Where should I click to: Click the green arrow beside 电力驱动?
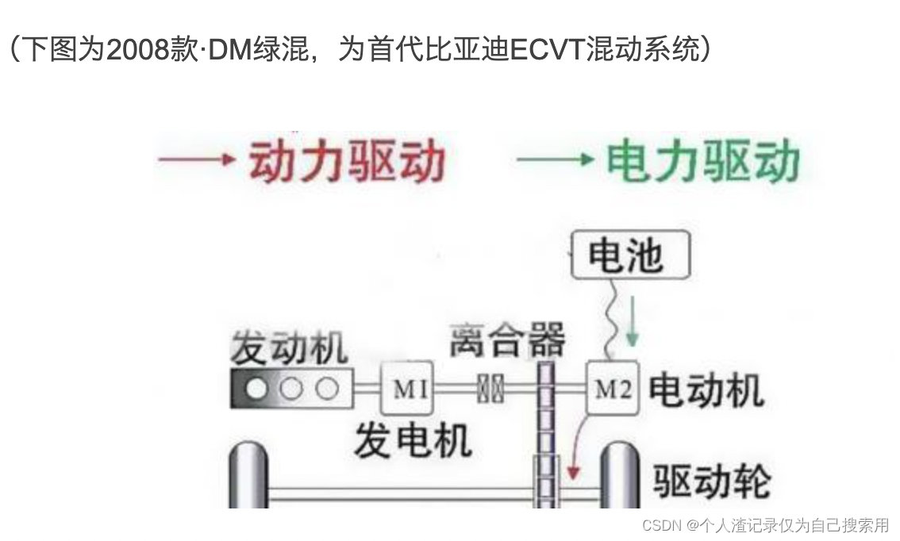[555, 159]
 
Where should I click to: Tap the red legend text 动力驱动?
[347, 162]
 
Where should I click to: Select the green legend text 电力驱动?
[703, 162]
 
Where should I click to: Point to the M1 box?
[408, 389]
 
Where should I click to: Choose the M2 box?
[613, 389]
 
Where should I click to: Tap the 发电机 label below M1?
[411, 439]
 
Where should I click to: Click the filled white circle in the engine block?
[256, 389]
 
